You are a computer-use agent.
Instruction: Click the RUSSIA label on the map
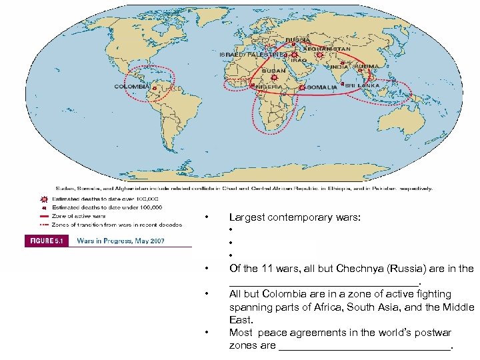coord(298,39)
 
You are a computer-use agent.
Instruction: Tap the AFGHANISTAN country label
coord(327,49)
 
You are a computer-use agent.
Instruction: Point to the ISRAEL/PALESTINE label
coord(253,54)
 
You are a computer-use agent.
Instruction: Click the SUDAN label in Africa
coord(273,71)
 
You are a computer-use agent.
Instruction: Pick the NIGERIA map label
coord(269,87)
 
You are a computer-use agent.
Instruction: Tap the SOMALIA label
coord(323,87)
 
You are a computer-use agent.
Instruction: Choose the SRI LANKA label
coord(363,85)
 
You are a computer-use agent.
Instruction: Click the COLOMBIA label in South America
coord(131,86)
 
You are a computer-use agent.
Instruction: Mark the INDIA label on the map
coord(339,67)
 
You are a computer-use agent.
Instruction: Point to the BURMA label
coord(366,67)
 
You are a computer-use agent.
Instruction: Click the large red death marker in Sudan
coord(273,78)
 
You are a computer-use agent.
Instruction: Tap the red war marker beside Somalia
coord(302,87)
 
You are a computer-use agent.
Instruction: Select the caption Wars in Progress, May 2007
coord(121,241)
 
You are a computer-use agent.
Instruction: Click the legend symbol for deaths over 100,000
coord(44,199)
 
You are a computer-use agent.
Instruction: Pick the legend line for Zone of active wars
coord(44,216)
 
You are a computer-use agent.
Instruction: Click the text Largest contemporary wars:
coord(295,217)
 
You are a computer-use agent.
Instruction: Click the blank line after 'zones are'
coord(364,346)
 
